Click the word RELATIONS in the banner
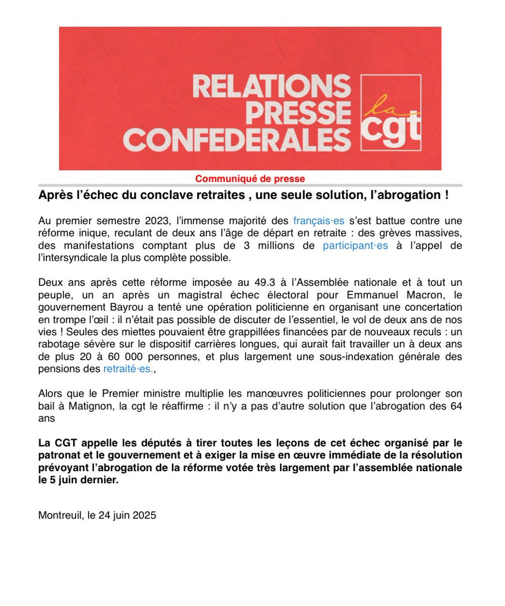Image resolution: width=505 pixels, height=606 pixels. [x=271, y=86]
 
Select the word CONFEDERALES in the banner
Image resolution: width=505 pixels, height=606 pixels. [x=237, y=139]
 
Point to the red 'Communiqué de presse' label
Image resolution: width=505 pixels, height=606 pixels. [x=250, y=179]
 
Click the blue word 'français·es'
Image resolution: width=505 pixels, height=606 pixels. [x=319, y=221]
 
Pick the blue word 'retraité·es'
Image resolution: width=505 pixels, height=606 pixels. [x=127, y=369]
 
